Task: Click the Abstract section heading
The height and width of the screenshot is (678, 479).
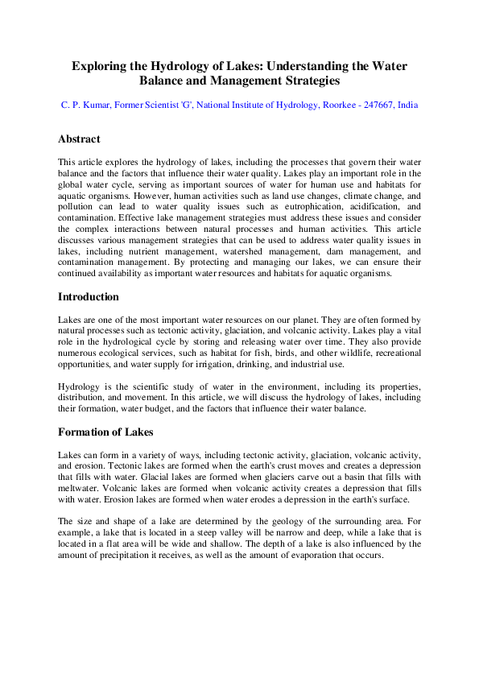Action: (79, 139)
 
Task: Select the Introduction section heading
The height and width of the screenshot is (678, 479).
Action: (89, 297)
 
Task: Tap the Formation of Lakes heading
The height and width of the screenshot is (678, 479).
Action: (105, 432)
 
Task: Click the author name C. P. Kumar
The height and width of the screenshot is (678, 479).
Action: (88, 105)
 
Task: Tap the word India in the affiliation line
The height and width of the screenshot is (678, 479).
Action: (407, 105)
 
